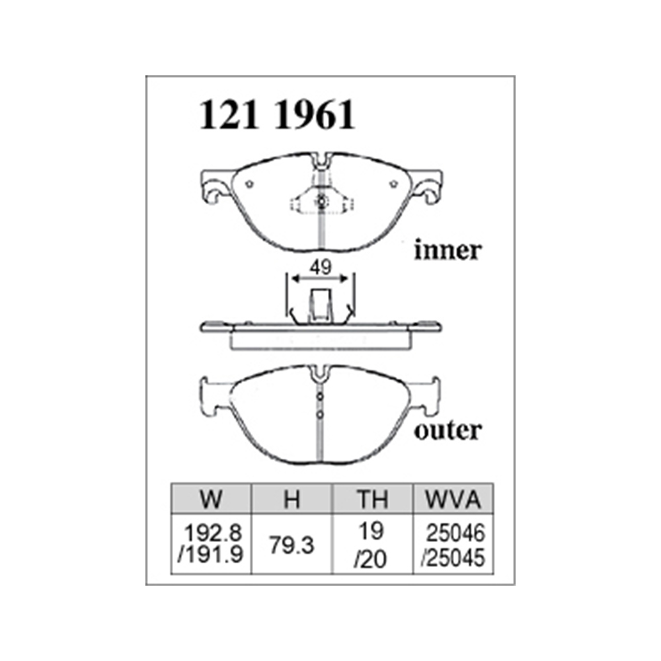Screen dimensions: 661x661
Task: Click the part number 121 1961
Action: [277, 114]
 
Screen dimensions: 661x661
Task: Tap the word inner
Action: [447, 250]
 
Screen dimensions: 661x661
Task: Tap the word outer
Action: [447, 430]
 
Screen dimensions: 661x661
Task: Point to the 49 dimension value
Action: [321, 267]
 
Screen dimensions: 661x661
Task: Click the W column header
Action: [211, 499]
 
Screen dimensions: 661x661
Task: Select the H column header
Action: [292, 499]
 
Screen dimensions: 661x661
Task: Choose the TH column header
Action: [373, 499]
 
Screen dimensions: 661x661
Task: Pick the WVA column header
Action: [453, 499]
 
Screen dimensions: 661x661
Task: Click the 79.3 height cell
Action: [292, 545]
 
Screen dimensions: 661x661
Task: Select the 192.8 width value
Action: [214, 533]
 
